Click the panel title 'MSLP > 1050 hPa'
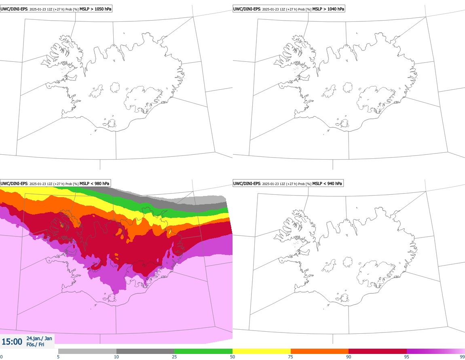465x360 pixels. coord(95,8)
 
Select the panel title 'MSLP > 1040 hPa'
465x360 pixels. coord(328,8)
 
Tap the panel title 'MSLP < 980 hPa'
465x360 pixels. coord(94,183)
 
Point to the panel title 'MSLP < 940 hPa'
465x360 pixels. coord(327,183)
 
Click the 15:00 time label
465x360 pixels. coord(12,342)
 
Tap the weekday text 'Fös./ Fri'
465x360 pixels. coord(35,345)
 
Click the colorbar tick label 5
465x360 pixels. coord(58,357)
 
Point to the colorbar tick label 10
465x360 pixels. coord(116,357)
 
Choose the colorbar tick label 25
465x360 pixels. coord(174,357)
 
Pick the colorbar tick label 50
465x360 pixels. coord(232,357)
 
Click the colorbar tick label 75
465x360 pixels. coord(291,357)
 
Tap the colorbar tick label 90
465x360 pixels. coord(349,357)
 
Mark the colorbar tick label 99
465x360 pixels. coord(462,357)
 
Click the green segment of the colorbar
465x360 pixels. coord(203,351)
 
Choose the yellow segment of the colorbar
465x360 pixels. coord(262,351)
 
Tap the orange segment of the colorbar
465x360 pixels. coord(319,351)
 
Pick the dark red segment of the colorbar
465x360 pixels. coord(378,351)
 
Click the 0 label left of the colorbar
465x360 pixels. coord(2,357)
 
